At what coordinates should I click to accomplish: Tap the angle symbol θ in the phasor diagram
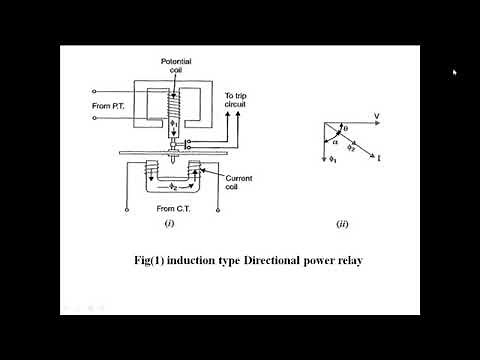348,128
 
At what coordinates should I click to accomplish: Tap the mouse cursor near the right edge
455,72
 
